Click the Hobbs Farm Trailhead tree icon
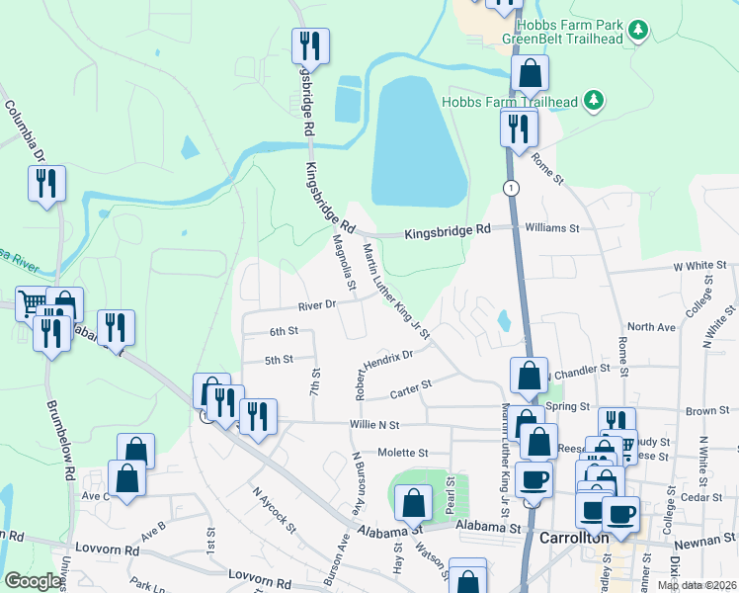(x=594, y=99)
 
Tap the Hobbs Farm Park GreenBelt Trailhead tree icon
(x=639, y=30)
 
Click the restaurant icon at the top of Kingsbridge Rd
(x=310, y=45)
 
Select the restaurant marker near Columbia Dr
(x=46, y=183)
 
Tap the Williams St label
(x=552, y=228)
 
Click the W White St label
(x=699, y=267)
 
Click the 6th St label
(x=284, y=332)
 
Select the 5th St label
(x=280, y=360)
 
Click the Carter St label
(x=412, y=385)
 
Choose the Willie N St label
(x=373, y=425)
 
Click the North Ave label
(x=651, y=326)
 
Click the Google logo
(x=33, y=581)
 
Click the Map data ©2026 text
(x=696, y=585)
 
